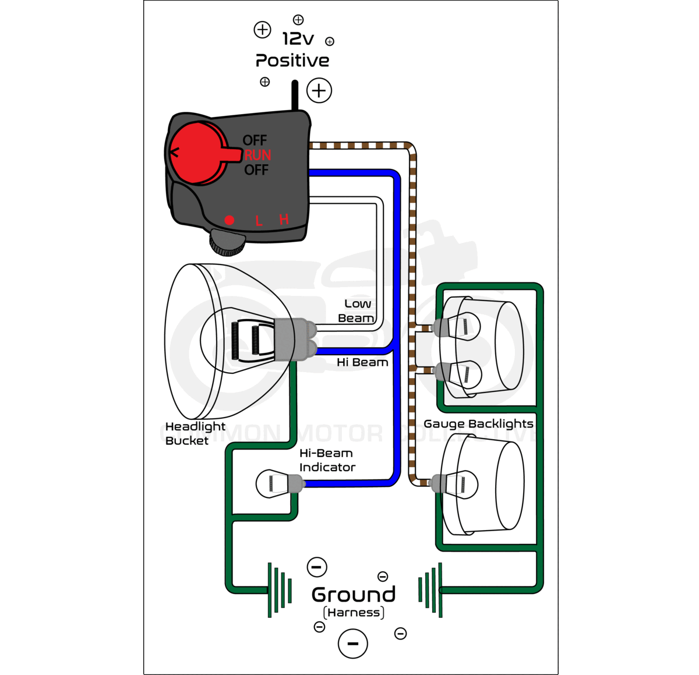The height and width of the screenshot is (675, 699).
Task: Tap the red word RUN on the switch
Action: (x=257, y=156)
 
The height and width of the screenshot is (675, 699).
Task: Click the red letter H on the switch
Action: (x=284, y=220)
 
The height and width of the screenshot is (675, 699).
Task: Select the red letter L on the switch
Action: (x=259, y=221)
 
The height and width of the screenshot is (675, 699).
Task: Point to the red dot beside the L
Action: (x=230, y=220)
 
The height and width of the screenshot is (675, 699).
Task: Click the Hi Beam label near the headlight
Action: (x=362, y=362)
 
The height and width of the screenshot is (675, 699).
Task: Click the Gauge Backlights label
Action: (x=478, y=424)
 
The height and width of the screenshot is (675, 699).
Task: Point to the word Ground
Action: (x=354, y=595)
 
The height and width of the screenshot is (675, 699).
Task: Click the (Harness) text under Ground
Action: (x=354, y=613)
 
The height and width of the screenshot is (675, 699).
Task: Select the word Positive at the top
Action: (x=292, y=61)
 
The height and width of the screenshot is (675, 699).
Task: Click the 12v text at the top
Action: (x=298, y=39)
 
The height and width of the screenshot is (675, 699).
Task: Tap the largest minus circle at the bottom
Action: (x=353, y=644)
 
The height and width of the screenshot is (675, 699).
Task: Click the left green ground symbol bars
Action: (x=279, y=590)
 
